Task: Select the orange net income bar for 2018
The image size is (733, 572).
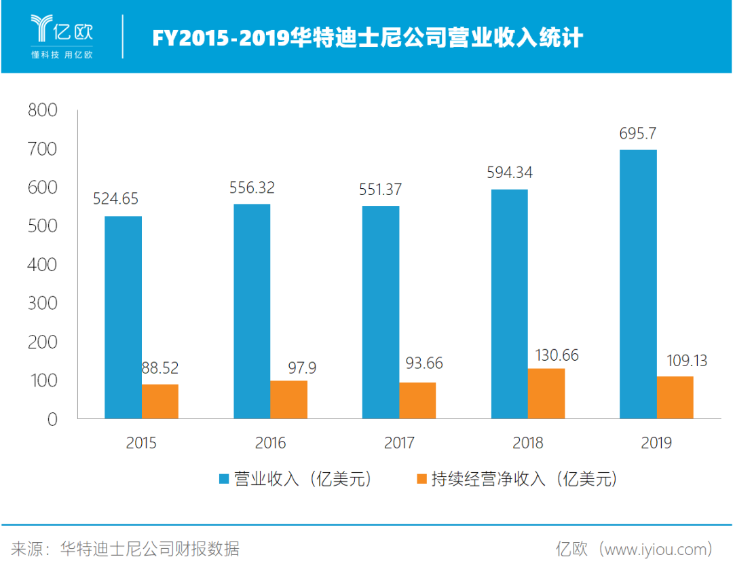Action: coord(546,393)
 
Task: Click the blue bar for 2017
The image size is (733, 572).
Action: coord(380,312)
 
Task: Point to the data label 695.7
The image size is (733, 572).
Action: coord(637,133)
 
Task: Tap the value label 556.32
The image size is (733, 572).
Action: coord(252,188)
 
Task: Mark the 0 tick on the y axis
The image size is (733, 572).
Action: coord(52,419)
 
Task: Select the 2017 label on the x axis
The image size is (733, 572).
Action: coord(399,444)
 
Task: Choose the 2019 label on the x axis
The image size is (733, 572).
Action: coord(656,444)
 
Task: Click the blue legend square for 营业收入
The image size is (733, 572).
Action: coord(224,479)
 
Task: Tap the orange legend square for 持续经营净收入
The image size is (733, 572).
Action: coord(421,479)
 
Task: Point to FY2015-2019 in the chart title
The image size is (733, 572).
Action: coord(220,38)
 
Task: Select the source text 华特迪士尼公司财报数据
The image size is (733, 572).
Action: coord(149,548)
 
